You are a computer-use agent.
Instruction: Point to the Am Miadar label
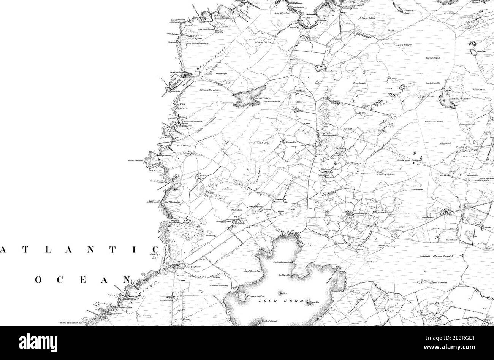pyautogui.click(x=282, y=13)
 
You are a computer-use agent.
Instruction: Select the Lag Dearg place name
pyautogui.click(x=405, y=45)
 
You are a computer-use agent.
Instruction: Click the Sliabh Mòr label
pyautogui.click(x=261, y=143)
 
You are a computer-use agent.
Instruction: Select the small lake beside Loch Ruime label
pyautogui.click(x=317, y=68)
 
